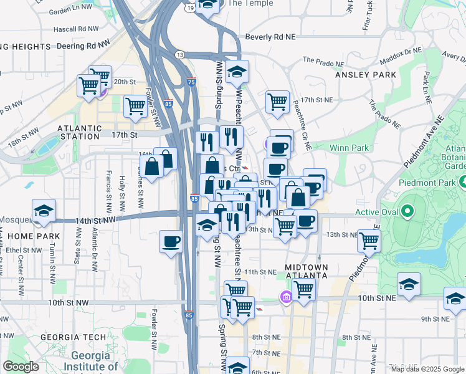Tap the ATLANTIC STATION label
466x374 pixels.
(x=78, y=132)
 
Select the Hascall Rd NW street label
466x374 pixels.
(x=77, y=29)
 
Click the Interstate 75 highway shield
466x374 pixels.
(x=191, y=82)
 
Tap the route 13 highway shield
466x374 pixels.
(x=180, y=55)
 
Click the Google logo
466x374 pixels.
(x=21, y=367)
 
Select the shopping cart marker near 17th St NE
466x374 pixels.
(x=277, y=102)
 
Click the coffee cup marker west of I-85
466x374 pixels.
(x=171, y=241)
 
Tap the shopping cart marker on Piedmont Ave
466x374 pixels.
(x=369, y=239)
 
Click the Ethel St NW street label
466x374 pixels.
(x=22, y=249)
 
